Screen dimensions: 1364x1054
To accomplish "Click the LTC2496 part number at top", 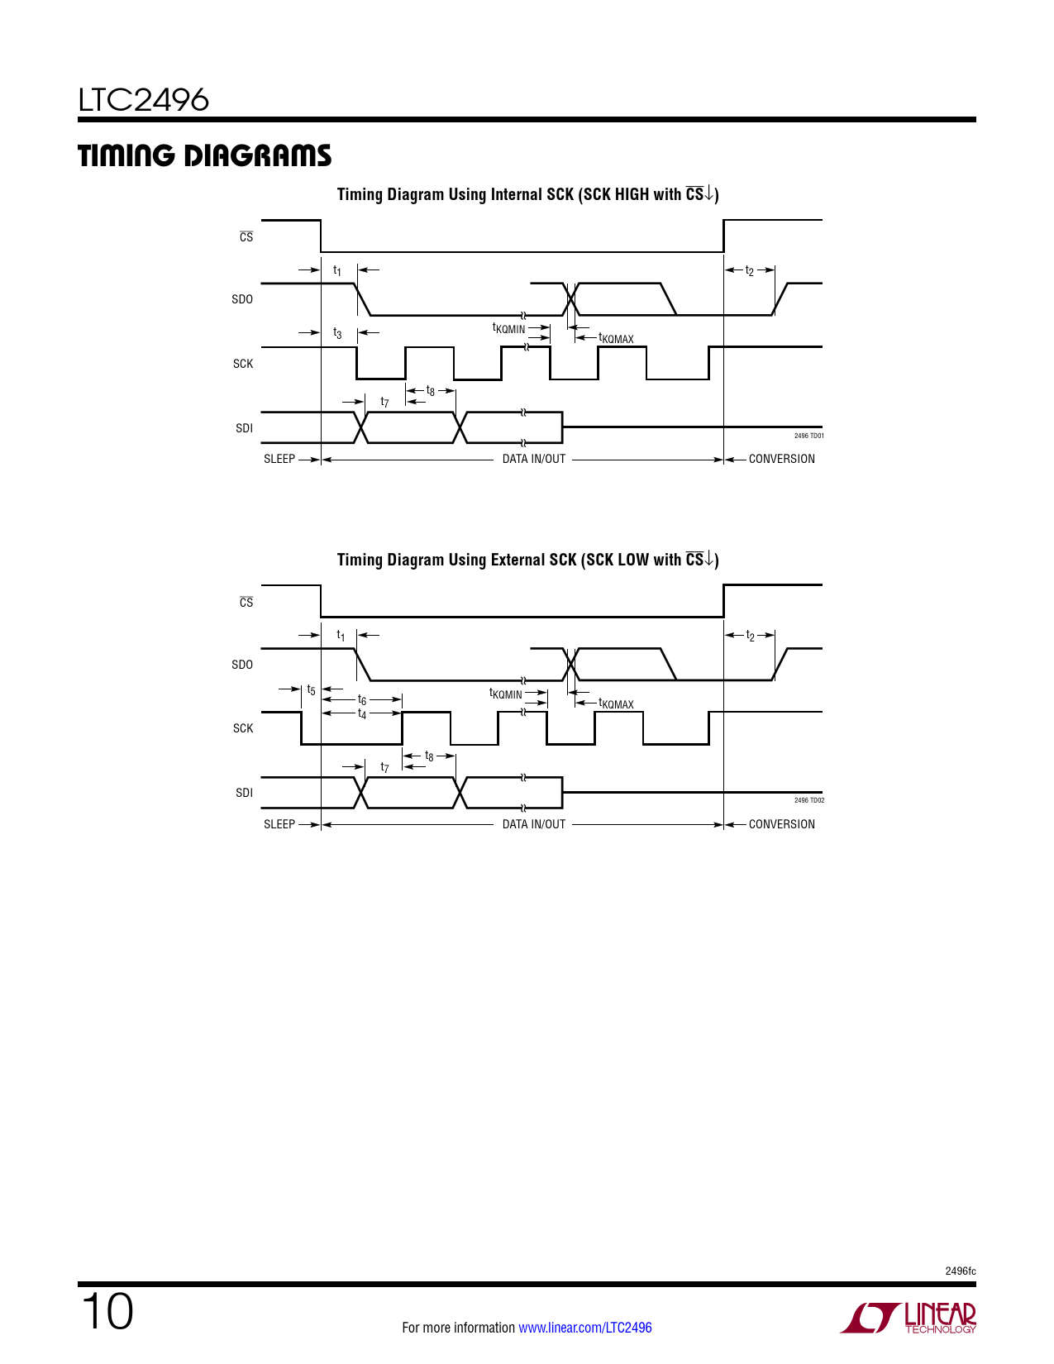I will point(144,100).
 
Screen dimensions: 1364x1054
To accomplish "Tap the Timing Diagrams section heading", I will point(204,155).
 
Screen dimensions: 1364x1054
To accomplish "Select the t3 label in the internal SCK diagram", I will point(337,333).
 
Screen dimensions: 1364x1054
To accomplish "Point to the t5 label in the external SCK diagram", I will point(311,689).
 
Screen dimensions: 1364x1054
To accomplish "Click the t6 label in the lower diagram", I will point(362,700).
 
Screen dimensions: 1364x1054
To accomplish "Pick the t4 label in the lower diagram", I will point(362,713).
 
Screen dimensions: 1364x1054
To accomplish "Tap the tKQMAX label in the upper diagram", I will point(616,338).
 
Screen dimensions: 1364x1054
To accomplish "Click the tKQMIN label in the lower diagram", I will point(506,694).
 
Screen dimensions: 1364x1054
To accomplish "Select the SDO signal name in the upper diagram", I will point(242,299).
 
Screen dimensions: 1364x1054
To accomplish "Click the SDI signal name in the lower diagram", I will point(244,793).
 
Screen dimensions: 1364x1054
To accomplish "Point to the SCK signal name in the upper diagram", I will point(243,364).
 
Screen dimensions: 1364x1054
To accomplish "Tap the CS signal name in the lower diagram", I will point(246,603).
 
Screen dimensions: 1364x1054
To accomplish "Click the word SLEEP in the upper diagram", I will point(279,459).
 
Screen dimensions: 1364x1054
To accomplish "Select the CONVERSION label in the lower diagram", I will point(781,824).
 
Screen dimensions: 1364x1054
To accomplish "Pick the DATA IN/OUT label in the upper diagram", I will point(534,459).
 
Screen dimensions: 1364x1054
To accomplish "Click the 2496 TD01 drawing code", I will point(808,436).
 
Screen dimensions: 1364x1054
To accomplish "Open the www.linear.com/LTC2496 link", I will point(584,1328).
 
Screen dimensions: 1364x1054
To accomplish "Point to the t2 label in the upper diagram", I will point(750,270).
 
